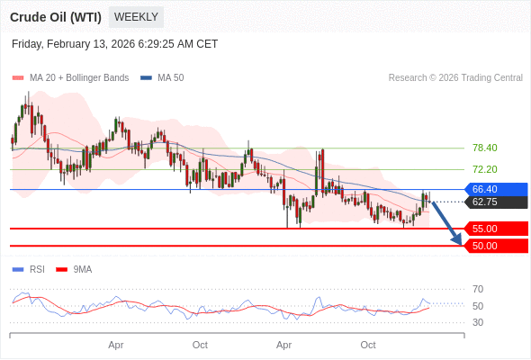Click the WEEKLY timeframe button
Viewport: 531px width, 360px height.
(x=136, y=17)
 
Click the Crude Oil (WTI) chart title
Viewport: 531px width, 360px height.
(x=56, y=17)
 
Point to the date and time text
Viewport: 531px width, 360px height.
(x=114, y=44)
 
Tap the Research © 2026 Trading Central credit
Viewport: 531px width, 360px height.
(x=455, y=77)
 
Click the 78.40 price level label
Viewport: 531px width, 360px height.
(x=484, y=148)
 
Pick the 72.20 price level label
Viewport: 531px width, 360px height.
(x=484, y=169)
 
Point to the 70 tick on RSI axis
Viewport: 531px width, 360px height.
(x=478, y=289)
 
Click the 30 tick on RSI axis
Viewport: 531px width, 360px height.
(x=478, y=322)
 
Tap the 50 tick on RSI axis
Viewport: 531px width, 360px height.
(x=478, y=306)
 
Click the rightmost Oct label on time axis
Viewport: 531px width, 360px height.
(x=368, y=345)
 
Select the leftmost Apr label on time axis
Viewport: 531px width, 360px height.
(x=115, y=345)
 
